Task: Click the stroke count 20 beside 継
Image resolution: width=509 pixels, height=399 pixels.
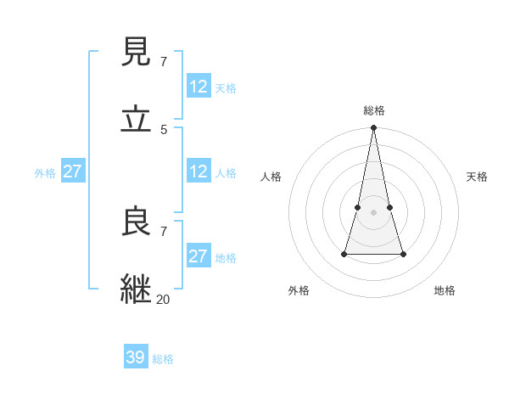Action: point(164,299)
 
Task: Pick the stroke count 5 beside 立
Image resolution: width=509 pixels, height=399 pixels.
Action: point(164,129)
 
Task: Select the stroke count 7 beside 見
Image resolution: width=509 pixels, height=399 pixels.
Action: point(164,61)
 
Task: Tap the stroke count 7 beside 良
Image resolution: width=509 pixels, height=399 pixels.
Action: point(164,231)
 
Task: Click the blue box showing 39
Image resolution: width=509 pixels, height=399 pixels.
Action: point(136,357)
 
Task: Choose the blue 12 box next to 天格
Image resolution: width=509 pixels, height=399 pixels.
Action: point(198,87)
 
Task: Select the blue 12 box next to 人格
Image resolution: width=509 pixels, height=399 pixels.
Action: point(198,171)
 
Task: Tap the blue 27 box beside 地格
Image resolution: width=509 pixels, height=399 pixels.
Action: point(198,256)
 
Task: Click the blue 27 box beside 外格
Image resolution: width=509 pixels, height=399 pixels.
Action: point(72,171)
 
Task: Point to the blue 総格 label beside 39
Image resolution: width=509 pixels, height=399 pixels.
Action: point(163,359)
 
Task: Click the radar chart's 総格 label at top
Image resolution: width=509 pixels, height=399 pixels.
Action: point(374,110)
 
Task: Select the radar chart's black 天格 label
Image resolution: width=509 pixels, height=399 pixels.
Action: point(477,177)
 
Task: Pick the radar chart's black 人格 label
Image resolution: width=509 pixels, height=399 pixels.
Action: point(271,177)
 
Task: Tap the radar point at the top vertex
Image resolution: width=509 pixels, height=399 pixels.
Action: point(374,128)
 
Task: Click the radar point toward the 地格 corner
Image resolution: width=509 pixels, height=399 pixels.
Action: point(403,254)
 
